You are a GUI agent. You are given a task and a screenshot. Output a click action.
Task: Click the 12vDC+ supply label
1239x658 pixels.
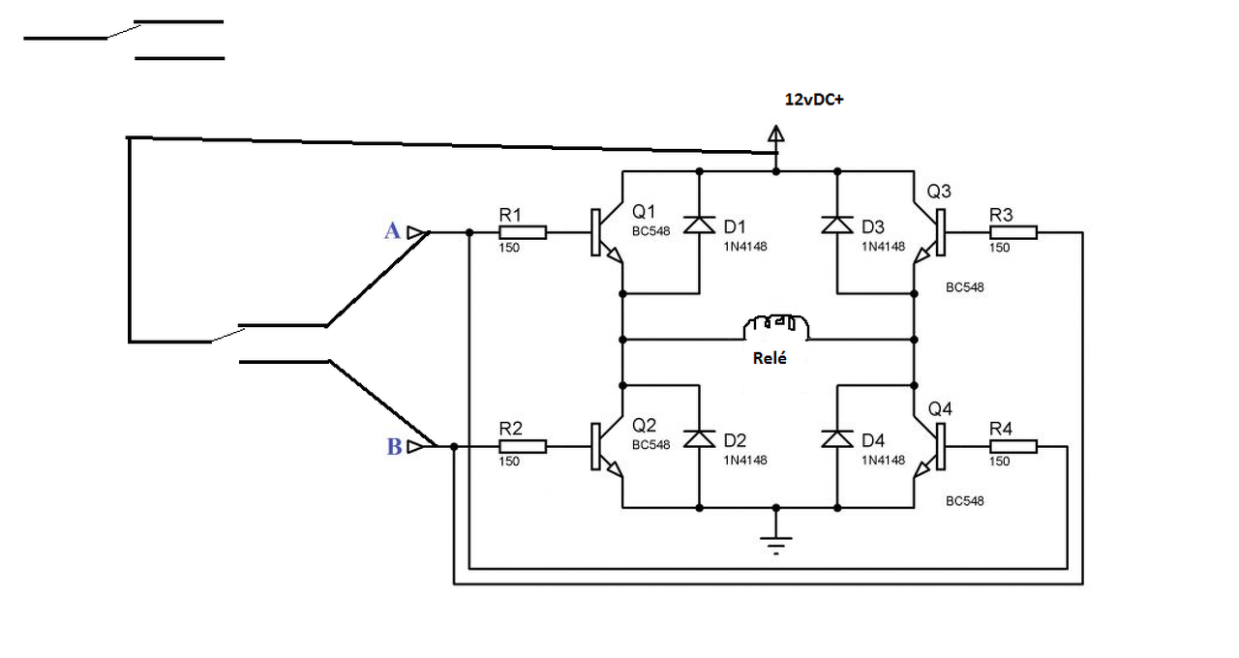coord(814,100)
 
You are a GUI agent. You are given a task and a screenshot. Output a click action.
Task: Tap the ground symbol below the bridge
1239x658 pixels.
coord(776,544)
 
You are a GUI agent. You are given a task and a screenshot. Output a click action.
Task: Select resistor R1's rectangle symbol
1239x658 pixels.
coord(523,233)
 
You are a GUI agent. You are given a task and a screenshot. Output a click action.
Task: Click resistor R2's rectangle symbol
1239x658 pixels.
coord(523,447)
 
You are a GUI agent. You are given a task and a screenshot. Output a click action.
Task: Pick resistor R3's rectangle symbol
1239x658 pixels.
coord(1013,233)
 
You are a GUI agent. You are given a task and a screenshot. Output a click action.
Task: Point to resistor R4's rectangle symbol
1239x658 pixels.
coord(1013,446)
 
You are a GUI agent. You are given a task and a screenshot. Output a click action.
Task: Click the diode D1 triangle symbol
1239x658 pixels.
coord(699,224)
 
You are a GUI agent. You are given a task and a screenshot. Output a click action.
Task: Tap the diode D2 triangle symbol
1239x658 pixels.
coord(699,438)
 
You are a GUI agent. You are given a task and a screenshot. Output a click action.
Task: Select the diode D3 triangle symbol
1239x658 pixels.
coord(837,224)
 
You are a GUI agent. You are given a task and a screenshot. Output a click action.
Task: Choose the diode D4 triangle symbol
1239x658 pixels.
coord(837,438)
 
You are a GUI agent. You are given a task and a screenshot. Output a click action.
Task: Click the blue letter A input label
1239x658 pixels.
coord(392,230)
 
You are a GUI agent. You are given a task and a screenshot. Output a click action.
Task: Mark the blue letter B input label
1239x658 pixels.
coord(394,446)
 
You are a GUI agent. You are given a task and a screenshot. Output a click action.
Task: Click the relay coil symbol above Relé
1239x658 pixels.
coord(775,327)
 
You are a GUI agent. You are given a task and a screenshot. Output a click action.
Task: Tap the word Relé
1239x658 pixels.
coord(770,358)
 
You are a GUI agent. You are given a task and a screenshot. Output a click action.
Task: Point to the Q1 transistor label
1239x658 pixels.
coord(644,211)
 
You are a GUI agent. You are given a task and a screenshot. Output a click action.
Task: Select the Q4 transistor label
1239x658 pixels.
coord(940,409)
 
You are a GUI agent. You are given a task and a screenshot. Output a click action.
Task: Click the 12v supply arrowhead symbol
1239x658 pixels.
coord(776,134)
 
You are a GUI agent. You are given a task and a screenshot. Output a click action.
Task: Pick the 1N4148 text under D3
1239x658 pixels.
coord(883,247)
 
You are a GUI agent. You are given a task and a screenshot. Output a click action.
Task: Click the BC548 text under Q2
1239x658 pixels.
coord(651,445)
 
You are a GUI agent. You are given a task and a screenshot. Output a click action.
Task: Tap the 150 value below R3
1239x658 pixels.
coord(1000,248)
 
